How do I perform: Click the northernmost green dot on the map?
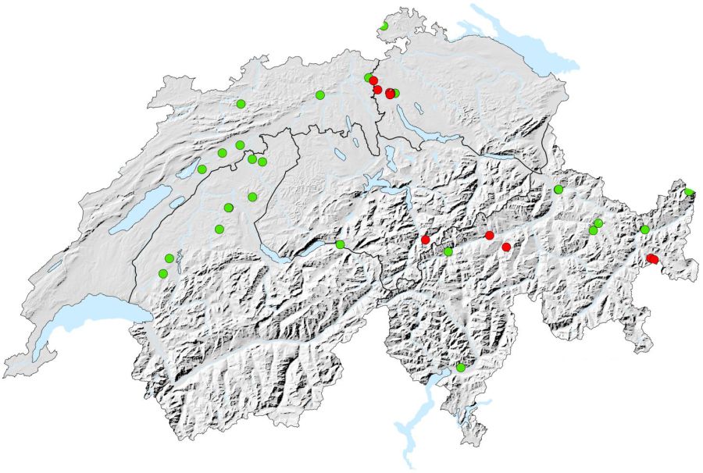tap(384, 27)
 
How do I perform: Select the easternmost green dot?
tap(689, 192)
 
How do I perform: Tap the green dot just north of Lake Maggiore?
tap(461, 368)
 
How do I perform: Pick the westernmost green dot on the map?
tap(162, 273)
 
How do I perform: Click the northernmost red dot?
tap(373, 80)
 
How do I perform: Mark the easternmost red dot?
tap(653, 259)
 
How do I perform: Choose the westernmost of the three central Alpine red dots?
tap(426, 239)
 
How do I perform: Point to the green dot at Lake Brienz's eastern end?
tap(341, 244)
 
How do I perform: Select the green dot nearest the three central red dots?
tap(448, 251)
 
